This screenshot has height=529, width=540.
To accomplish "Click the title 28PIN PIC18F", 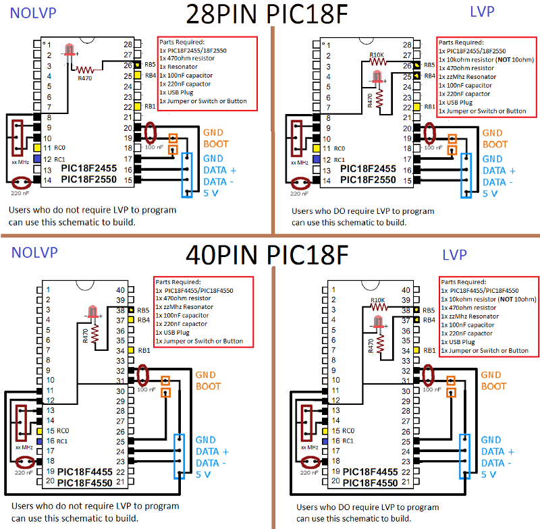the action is pyautogui.click(x=267, y=14).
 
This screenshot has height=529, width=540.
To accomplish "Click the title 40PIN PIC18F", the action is pyautogui.click(x=267, y=255).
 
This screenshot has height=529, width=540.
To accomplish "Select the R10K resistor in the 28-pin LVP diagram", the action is pyautogui.click(x=378, y=62).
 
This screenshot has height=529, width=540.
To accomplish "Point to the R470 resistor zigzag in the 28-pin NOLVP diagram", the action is pyautogui.click(x=85, y=70).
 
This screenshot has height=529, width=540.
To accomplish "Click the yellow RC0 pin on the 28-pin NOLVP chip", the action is pyautogui.click(x=37, y=148).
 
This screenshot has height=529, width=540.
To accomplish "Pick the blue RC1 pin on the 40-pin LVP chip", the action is pyautogui.click(x=325, y=441).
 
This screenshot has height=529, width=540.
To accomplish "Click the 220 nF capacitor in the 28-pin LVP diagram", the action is pyautogui.click(x=300, y=183).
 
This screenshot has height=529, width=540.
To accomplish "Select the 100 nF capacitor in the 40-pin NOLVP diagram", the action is pyautogui.click(x=142, y=376).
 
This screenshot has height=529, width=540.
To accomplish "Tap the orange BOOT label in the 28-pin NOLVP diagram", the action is pyautogui.click(x=216, y=144).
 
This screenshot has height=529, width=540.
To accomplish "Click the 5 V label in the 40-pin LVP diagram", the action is pyautogui.click(x=488, y=474).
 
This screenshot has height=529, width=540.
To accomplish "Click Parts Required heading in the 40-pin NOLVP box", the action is pyautogui.click(x=178, y=282).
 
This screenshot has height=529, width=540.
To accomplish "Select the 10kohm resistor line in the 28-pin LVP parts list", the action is pyautogui.click(x=486, y=59).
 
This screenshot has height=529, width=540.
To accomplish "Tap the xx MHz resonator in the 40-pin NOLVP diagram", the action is pyautogui.click(x=21, y=423).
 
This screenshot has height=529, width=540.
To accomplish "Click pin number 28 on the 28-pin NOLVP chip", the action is pyautogui.click(x=128, y=45).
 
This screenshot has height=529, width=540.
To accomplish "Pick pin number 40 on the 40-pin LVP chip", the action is pyautogui.click(x=406, y=290).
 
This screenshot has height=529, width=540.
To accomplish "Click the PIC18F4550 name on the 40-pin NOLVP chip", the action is pyautogui.click(x=85, y=483).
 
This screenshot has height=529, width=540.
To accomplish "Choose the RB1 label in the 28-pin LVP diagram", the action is pyautogui.click(x=429, y=107).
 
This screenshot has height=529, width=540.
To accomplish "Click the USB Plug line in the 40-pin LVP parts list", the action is pyautogui.click(x=458, y=342).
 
